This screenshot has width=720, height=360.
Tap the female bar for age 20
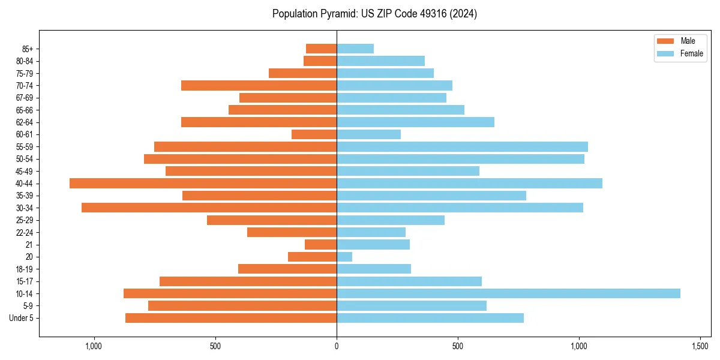tap(344, 257)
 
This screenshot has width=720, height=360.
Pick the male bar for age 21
tap(320, 245)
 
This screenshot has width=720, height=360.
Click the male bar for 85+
tap(321, 49)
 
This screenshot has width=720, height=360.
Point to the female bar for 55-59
tap(462, 147)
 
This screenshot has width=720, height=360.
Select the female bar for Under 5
tap(430, 318)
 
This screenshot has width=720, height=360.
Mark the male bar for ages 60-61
tap(314, 134)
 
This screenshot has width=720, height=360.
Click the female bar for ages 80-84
tap(380, 61)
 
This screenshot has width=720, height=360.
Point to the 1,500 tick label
tap(700, 347)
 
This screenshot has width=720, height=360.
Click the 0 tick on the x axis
tap(337, 347)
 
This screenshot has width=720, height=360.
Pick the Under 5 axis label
tap(22, 318)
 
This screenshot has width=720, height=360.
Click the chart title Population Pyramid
tap(374, 14)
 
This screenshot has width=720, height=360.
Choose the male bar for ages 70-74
tap(259, 86)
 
